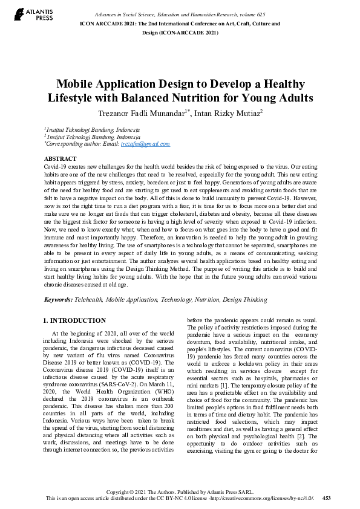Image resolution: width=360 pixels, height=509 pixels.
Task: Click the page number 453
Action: (327, 498)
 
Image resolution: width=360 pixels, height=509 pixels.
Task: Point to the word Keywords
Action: (58, 300)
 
